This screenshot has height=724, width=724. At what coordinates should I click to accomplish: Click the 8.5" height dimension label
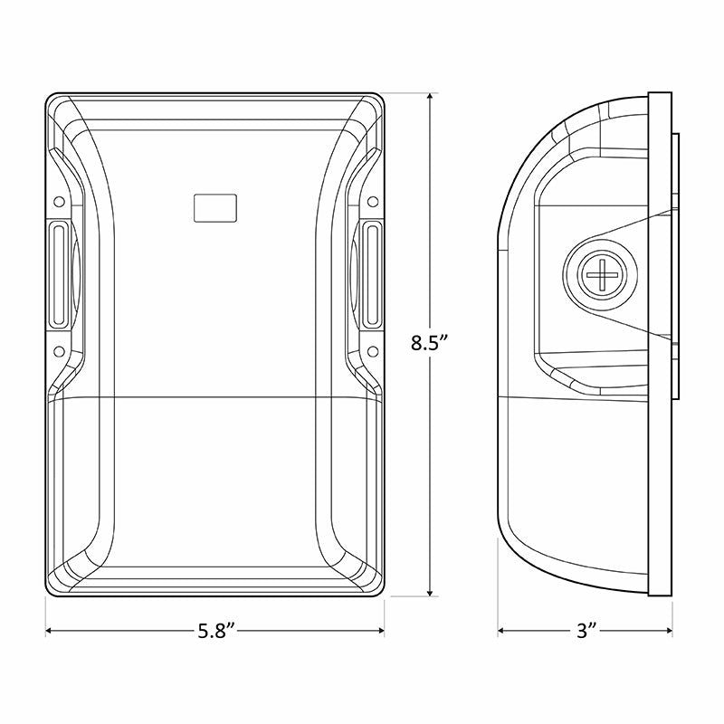pyautogui.click(x=430, y=343)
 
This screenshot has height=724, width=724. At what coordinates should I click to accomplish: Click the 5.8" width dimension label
pyautogui.click(x=217, y=631)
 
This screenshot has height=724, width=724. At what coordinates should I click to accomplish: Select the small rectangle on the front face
pyautogui.click(x=215, y=208)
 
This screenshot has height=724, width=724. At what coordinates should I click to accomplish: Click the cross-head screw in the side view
pyautogui.click(x=602, y=274)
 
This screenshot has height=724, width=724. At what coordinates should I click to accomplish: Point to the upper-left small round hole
pyautogui.click(x=59, y=202)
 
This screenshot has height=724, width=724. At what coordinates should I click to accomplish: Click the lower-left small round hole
pyautogui.click(x=59, y=352)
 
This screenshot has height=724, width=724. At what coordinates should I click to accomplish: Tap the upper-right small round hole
pyautogui.click(x=373, y=202)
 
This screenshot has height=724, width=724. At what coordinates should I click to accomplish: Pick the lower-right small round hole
pyautogui.click(x=373, y=352)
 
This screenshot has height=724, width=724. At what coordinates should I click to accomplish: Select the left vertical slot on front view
pyautogui.click(x=59, y=274)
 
